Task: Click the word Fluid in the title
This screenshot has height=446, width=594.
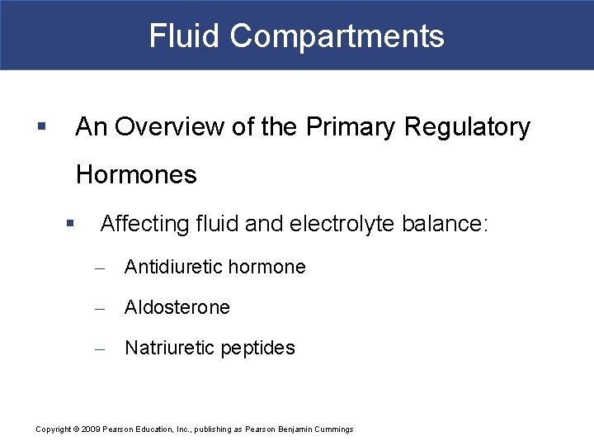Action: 184,36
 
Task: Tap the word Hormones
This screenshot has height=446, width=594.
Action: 136,175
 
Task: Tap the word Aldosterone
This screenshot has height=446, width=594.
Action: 177,307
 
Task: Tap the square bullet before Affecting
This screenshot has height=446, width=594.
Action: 71,223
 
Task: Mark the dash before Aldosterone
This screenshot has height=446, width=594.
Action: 100,308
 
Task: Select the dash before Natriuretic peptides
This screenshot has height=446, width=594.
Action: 100,349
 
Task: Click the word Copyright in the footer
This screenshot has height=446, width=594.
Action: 53,429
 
